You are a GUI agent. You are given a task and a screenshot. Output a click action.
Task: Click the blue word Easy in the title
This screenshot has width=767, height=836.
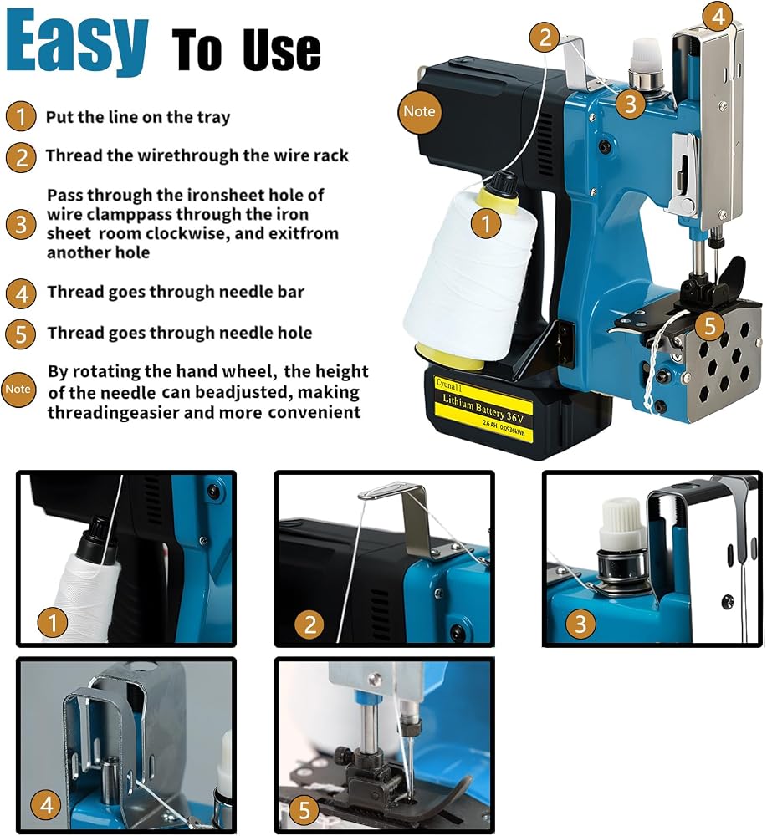76,43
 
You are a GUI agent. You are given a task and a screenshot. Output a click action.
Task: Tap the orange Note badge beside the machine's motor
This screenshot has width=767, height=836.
419,111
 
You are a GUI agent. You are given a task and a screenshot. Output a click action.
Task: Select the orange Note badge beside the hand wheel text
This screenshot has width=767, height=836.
18,390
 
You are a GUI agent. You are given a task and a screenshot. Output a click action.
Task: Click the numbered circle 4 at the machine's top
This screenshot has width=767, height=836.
718,17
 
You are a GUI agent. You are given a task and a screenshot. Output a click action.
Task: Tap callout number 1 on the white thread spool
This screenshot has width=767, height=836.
486,223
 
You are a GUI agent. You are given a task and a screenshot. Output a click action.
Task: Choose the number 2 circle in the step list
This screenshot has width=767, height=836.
22,157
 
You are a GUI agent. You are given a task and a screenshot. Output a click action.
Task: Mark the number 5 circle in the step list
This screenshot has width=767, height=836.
21,334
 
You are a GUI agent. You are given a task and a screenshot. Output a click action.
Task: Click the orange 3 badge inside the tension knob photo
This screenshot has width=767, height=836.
580,624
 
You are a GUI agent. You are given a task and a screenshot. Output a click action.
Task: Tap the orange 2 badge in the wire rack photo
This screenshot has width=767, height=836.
310,624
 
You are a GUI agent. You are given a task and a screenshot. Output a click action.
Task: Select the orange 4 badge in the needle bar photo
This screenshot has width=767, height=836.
46,805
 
